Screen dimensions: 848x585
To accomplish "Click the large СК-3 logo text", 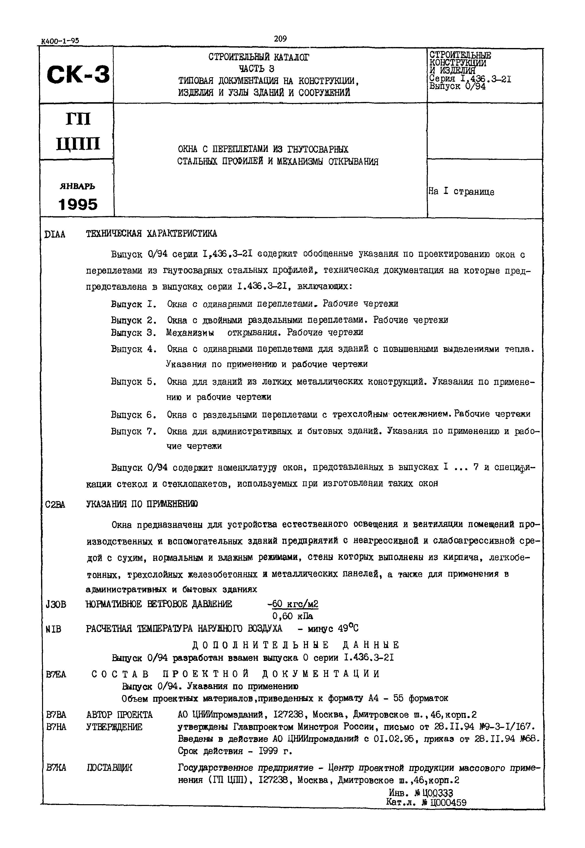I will (x=78, y=74).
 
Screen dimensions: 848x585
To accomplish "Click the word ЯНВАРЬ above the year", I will (x=77, y=186).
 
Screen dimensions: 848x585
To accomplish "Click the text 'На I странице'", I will (x=461, y=192).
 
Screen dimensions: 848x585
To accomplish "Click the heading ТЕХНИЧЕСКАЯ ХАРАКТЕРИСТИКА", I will (x=151, y=234).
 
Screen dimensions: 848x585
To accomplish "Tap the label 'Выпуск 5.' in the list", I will (x=133, y=382).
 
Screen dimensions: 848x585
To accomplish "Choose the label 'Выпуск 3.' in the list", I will (x=133, y=333).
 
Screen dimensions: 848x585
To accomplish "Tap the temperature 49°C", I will (x=348, y=629).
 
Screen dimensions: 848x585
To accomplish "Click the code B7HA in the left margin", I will (x=56, y=727).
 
